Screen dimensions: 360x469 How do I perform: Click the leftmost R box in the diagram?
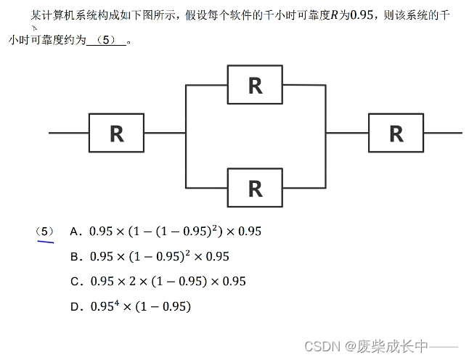pyautogui.click(x=116, y=133)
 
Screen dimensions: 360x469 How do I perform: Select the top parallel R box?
pyautogui.click(x=255, y=85)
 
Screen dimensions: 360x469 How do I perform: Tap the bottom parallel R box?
pyautogui.click(x=255, y=187)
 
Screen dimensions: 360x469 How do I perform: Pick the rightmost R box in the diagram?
pyautogui.click(x=396, y=133)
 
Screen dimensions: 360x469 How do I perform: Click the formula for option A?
pyautogui.click(x=175, y=232)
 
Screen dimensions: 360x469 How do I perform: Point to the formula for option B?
pyautogui.click(x=160, y=256)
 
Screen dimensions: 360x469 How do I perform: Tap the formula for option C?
pyautogui.click(x=168, y=282)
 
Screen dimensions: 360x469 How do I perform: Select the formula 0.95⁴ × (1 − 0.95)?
pyautogui.click(x=140, y=306)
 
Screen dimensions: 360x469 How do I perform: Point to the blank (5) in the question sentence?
pyautogui.click(x=105, y=41)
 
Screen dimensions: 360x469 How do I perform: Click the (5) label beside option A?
pyautogui.click(x=44, y=232)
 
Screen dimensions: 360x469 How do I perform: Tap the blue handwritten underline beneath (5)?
pyautogui.click(x=44, y=242)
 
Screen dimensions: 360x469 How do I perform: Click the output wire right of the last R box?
pyautogui.click(x=443, y=133)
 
